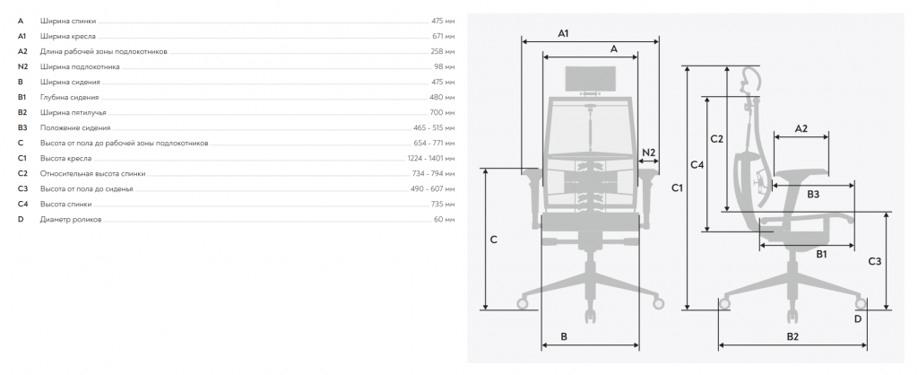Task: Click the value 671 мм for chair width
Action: tap(443, 36)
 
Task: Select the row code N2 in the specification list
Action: tap(22, 66)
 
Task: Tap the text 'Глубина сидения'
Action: tap(69, 97)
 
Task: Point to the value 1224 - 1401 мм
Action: tap(430, 158)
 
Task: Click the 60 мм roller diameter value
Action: tap(445, 220)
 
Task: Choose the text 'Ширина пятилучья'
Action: tap(74, 112)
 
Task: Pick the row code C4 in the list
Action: tap(22, 204)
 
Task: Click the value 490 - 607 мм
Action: tap(432, 188)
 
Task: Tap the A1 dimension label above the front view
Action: tap(563, 33)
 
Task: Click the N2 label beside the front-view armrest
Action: tap(649, 153)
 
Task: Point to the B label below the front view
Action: tap(564, 336)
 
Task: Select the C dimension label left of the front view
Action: tap(494, 240)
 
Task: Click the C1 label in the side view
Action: tap(678, 188)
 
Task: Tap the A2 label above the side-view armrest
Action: tap(801, 128)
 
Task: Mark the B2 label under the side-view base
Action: tap(792, 336)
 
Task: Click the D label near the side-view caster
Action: tap(858, 318)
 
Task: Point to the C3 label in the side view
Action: tap(874, 261)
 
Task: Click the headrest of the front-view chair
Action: tap(591, 79)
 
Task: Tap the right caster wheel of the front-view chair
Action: tap(659, 303)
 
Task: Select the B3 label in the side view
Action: tap(812, 194)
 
